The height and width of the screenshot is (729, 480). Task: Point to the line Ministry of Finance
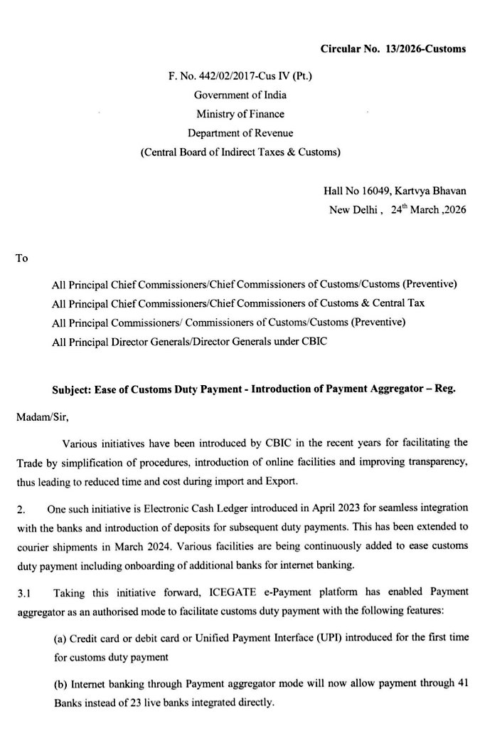tap(240, 114)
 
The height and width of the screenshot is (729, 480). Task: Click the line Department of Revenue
tap(240, 132)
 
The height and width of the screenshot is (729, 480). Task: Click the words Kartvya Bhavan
tap(435, 192)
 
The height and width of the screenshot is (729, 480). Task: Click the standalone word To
tap(21, 258)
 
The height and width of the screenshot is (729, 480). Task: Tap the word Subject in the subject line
tap(70, 390)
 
